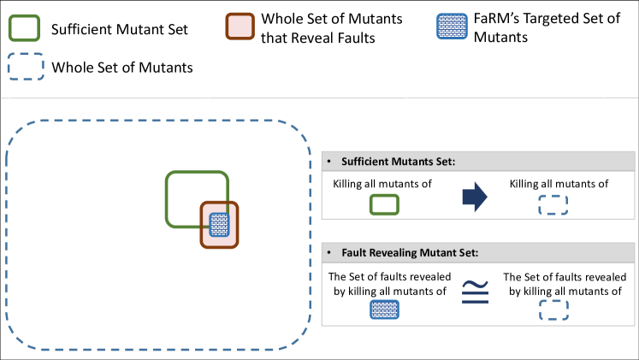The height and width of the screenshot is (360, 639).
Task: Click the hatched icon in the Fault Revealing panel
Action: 384,311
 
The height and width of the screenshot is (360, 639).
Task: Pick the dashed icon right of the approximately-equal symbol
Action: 553,311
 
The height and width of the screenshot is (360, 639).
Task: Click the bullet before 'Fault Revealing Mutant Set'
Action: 330,252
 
